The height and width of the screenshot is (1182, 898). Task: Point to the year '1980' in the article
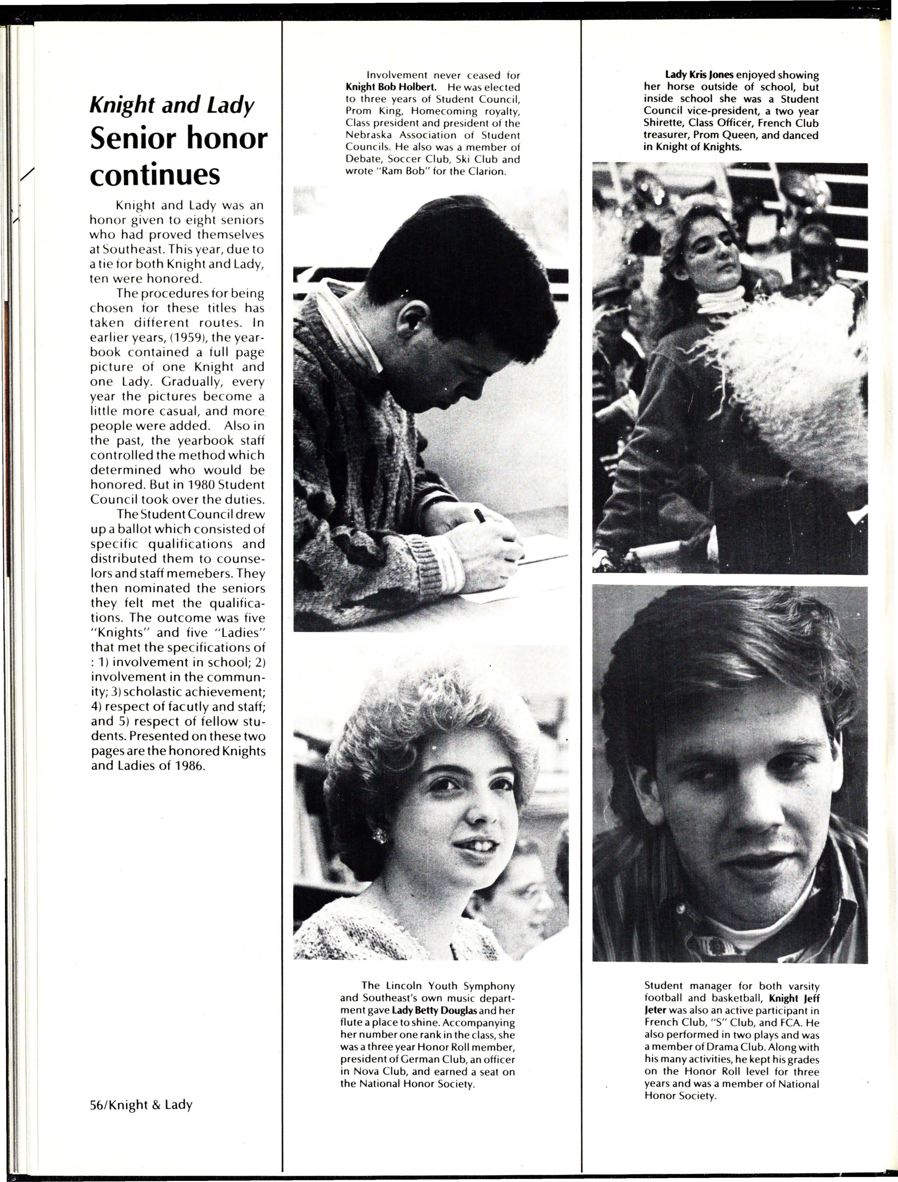pos(186,485)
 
